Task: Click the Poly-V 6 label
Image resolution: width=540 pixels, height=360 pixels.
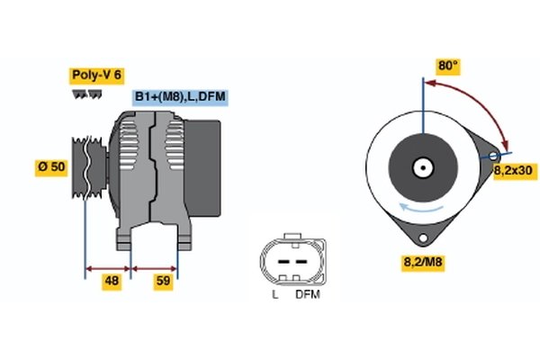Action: [x=95, y=75]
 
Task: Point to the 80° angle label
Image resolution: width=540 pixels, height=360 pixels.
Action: [x=448, y=66]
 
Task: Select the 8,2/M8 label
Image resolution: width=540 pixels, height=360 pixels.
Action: [x=421, y=263]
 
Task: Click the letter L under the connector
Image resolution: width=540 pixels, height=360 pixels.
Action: [x=274, y=293]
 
